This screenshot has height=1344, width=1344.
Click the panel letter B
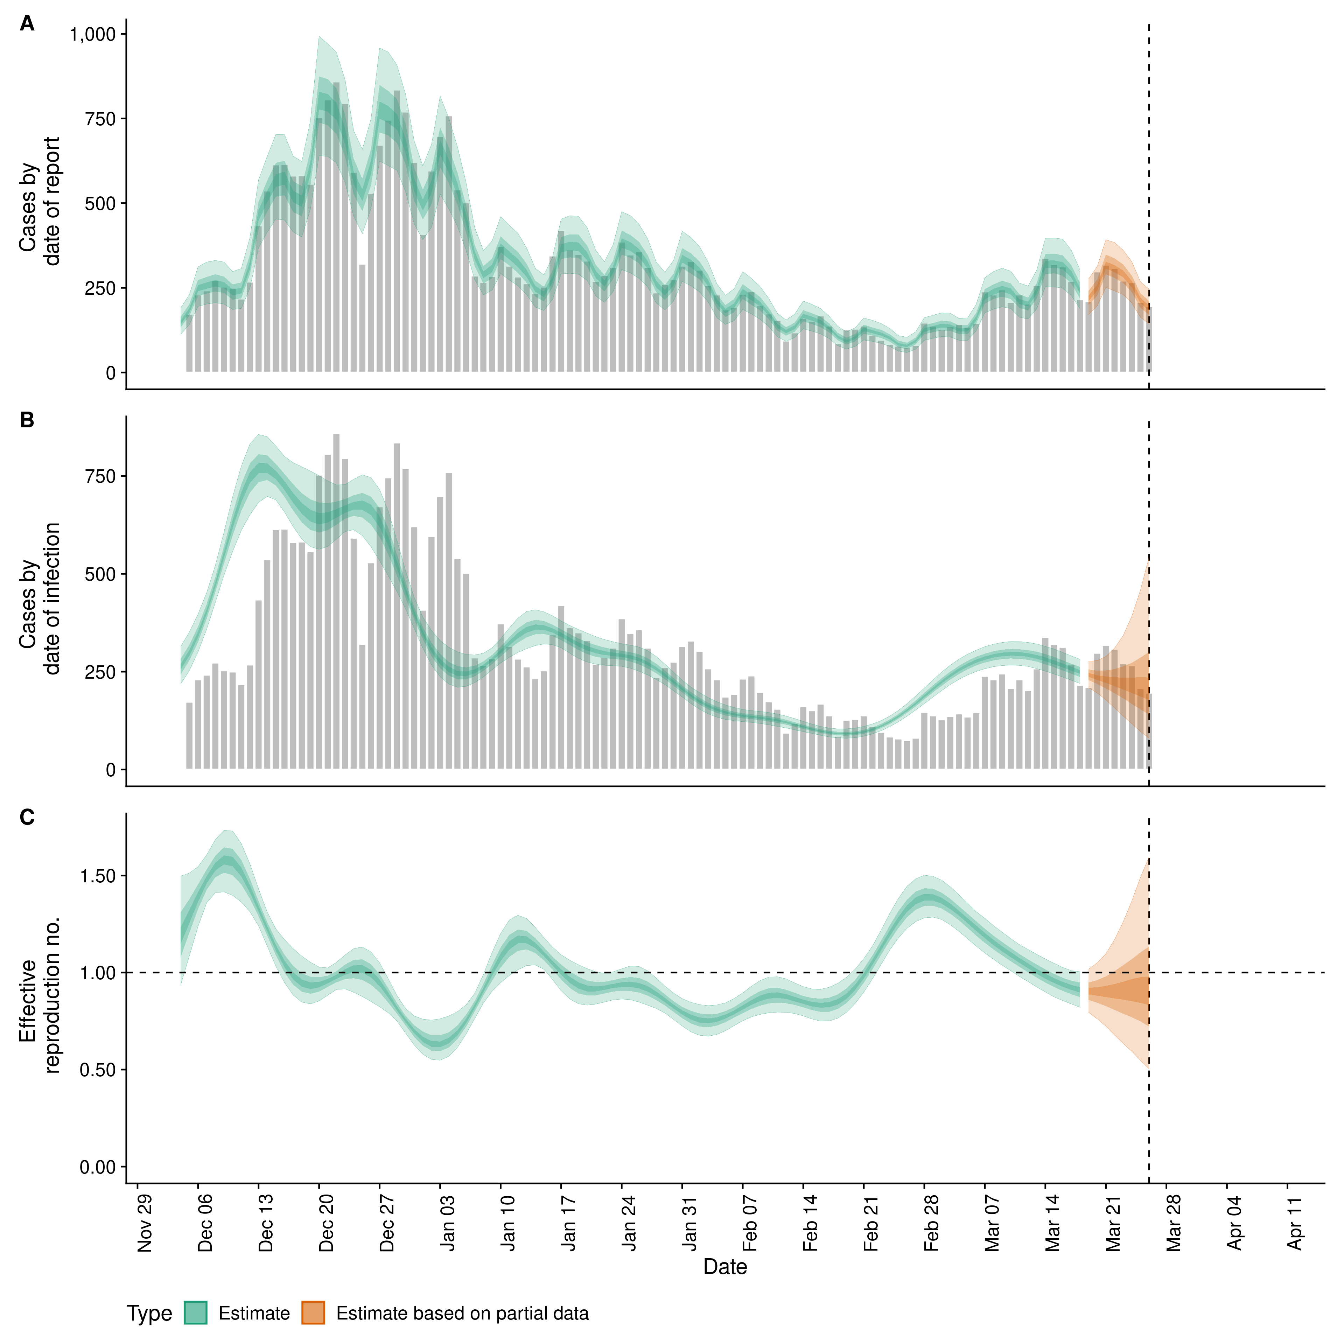[27, 421]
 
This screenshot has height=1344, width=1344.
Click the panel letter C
[27, 818]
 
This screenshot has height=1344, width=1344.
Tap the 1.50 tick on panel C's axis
[97, 876]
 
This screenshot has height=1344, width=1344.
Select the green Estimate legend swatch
[196, 1313]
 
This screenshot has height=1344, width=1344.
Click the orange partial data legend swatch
[313, 1313]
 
